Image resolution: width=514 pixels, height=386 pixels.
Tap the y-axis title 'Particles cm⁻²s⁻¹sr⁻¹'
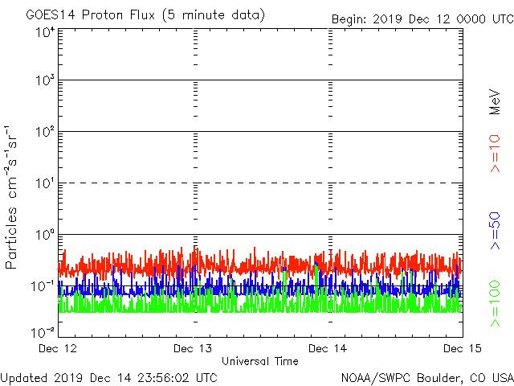click(13, 197)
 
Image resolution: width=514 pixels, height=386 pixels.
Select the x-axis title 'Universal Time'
click(259, 361)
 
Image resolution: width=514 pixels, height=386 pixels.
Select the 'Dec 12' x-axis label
click(59, 348)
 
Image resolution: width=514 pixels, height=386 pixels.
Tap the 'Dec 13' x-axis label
click(194, 348)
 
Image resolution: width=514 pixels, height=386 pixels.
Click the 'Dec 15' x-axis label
click(462, 348)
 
